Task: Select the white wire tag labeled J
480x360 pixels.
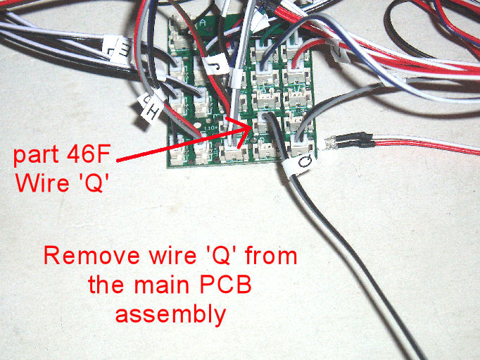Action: (x=215, y=65)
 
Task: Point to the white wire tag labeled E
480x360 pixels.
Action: (x=118, y=49)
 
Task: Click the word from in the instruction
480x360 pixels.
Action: (x=270, y=255)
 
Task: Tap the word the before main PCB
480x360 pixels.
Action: (x=108, y=285)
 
